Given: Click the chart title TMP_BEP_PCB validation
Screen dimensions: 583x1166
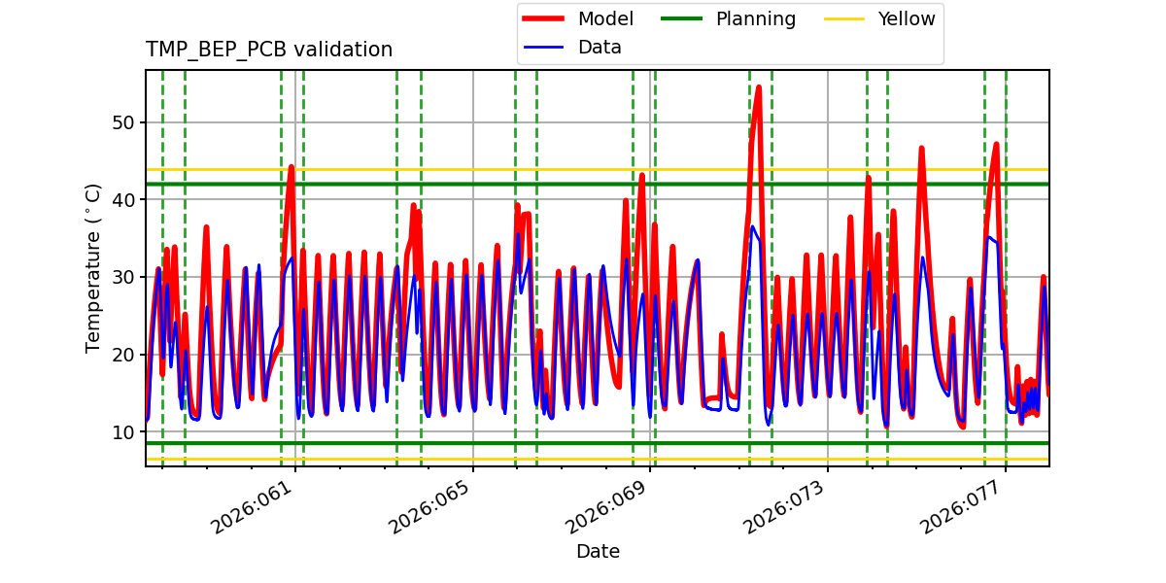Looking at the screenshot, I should pyautogui.click(x=269, y=50).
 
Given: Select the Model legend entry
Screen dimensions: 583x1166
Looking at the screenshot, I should pyautogui.click(x=605, y=19).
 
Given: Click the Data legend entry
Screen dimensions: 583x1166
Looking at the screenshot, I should pyautogui.click(x=600, y=48).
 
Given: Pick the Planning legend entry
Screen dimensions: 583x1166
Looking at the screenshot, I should pyautogui.click(x=755, y=19).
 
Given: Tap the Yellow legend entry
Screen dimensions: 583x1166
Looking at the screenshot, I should pyautogui.click(x=906, y=19).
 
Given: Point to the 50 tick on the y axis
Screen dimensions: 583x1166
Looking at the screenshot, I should pyautogui.click(x=122, y=122).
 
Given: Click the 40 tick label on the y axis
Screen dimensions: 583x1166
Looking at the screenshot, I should pyautogui.click(x=122, y=200).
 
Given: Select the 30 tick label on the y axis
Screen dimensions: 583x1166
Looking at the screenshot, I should pyautogui.click(x=122, y=277).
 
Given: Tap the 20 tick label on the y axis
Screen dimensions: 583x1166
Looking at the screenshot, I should pyautogui.click(x=122, y=355).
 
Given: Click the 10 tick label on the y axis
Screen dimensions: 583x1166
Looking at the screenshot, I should pyautogui.click(x=122, y=432).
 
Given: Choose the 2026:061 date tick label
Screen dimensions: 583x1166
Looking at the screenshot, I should pyautogui.click(x=252, y=509).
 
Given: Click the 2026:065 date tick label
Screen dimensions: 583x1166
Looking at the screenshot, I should pyautogui.click(x=429, y=509).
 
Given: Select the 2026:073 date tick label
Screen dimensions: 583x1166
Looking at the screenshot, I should pyautogui.click(x=784, y=509).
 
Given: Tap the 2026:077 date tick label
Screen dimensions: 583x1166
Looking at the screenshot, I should pyautogui.click(x=962, y=509).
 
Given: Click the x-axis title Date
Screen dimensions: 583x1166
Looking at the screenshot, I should pyautogui.click(x=598, y=552).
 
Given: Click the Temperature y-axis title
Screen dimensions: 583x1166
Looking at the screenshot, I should pyautogui.click(x=93, y=267).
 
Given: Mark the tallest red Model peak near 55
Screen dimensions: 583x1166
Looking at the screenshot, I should pyautogui.click(x=758, y=87).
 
